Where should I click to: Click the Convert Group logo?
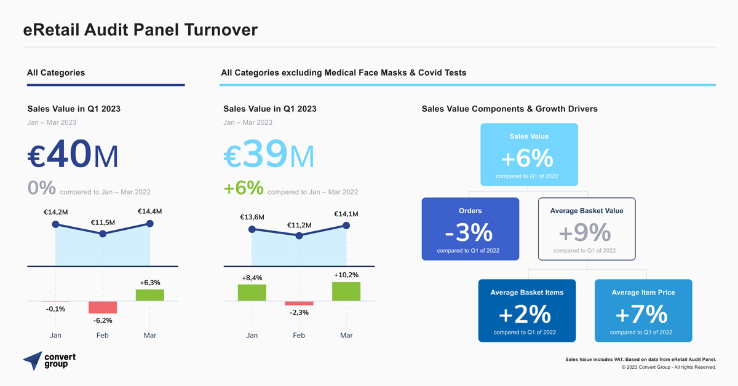coord(50,361)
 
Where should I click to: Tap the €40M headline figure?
coord(73,155)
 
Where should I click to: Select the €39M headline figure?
coord(269,155)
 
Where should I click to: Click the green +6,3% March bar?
coord(149,295)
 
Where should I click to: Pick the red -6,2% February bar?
coord(103,307)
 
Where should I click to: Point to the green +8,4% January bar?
coord(252,293)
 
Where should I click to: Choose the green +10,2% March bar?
coord(346,291)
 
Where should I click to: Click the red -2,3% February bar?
coord(299,303)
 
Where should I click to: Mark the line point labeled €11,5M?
coord(103,234)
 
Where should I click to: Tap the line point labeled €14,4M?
coord(149,224)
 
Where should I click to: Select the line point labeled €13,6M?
coord(252,229)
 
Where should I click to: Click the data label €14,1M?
coord(346,214)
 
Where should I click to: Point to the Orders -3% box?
coord(470,229)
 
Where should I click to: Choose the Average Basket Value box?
coord(587,229)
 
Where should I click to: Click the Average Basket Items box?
coord(527,310)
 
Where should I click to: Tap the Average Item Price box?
coord(643,310)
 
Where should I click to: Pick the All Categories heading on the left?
coord(56,73)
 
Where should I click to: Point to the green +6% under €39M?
coord(244,188)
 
